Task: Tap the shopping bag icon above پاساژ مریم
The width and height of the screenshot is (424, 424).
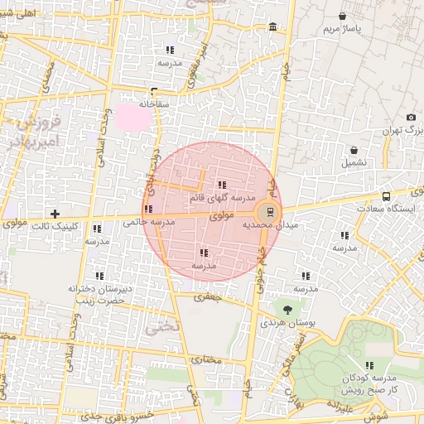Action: coord(343,16)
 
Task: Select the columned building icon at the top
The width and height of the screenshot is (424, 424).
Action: coord(273,29)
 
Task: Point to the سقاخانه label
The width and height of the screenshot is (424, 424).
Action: coord(154,104)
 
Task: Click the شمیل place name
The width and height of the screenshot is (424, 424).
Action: coord(354,162)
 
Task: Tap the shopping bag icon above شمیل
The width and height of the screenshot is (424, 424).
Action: coord(354,151)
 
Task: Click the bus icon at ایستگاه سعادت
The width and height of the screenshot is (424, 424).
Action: coord(387,197)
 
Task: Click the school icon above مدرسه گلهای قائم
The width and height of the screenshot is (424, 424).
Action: coord(221,185)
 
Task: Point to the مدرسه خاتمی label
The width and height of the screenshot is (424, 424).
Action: coord(149,222)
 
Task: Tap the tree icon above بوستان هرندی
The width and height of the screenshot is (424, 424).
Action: coord(287,309)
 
